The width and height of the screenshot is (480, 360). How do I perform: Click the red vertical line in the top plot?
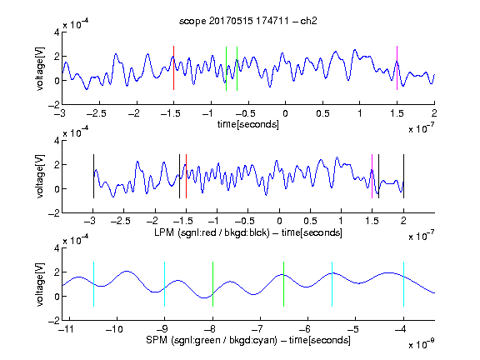[x=173, y=68]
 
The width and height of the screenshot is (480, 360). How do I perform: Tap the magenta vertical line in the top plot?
[x=397, y=68]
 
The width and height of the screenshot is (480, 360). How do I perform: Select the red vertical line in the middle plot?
[x=186, y=177]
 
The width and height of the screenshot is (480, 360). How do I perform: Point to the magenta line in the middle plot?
[x=372, y=177]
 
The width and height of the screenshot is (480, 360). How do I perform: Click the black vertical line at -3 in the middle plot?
[x=93, y=177]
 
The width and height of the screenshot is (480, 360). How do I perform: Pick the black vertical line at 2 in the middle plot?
[x=403, y=177]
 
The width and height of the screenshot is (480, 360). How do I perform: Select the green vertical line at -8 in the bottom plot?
[x=212, y=284]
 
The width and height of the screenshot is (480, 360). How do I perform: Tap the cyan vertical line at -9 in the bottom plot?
[x=164, y=284]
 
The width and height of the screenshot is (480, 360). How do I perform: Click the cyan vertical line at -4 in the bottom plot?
[x=403, y=284]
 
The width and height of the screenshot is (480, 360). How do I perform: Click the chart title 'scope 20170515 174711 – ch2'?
[x=248, y=21]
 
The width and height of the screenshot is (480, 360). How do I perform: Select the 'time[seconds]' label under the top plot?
[x=248, y=124]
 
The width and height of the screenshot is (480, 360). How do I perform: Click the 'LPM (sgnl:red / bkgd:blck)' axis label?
[x=212, y=232]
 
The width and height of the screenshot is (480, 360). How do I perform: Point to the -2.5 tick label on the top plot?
[x=96, y=114]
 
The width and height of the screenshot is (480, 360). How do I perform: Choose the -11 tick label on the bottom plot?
[x=66, y=329]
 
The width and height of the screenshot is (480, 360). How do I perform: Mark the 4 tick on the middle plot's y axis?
[x=57, y=141]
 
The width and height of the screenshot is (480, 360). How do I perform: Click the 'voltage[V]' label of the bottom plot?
[x=40, y=284]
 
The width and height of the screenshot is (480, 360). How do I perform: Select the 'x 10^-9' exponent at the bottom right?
[x=422, y=343]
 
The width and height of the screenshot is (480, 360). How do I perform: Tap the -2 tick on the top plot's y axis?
[x=54, y=105]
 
